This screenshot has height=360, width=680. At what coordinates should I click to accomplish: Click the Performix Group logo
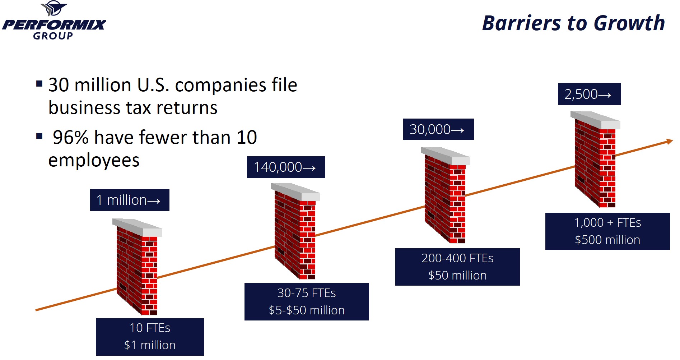[54, 20]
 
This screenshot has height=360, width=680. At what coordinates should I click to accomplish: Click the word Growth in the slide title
[629, 24]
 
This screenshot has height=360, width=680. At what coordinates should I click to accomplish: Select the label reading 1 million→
[130, 200]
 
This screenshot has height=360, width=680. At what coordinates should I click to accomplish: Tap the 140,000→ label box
[286, 167]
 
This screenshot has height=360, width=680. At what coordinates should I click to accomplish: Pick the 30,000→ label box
[438, 129]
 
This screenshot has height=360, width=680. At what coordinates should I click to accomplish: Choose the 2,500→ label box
[589, 94]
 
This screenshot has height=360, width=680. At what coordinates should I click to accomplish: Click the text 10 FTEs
[150, 328]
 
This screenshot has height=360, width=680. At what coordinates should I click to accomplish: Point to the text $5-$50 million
[307, 310]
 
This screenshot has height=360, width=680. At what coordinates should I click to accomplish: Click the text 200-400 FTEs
[457, 258]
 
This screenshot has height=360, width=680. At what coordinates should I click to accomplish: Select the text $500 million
[607, 240]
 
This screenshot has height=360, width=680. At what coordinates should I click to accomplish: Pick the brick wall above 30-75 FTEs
[295, 231]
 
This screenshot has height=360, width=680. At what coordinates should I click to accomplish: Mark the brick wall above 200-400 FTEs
[446, 195]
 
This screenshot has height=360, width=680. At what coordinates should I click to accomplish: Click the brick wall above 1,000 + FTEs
[595, 160]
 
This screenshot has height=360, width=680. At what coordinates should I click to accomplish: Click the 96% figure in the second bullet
[70, 138]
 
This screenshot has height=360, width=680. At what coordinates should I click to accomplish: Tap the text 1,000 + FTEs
[607, 223]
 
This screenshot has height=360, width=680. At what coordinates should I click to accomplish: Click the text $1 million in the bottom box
[150, 345]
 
